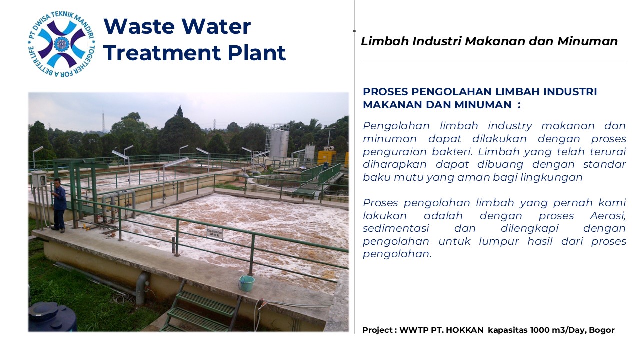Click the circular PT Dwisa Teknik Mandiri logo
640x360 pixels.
(61, 44)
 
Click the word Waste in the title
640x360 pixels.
(139, 26)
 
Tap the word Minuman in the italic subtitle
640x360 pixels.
(587, 41)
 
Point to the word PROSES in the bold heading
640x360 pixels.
(385, 92)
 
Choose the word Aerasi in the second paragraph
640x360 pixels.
(608, 216)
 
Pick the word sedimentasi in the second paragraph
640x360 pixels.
(396, 228)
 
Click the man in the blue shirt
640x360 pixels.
(59, 204)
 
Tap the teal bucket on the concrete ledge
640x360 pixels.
(246, 283)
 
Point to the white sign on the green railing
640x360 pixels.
(215, 233)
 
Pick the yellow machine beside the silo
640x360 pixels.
(327, 157)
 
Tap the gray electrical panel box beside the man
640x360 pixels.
(39, 179)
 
